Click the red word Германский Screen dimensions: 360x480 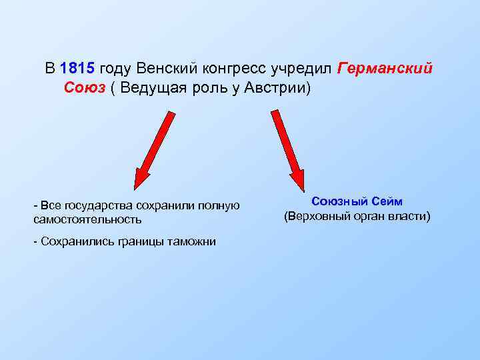[385, 69]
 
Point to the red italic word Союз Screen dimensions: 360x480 [85, 88]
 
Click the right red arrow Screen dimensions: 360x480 [287, 149]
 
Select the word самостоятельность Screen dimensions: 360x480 [87, 219]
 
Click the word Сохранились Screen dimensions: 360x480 [73, 241]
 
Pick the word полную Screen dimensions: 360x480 [219, 205]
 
